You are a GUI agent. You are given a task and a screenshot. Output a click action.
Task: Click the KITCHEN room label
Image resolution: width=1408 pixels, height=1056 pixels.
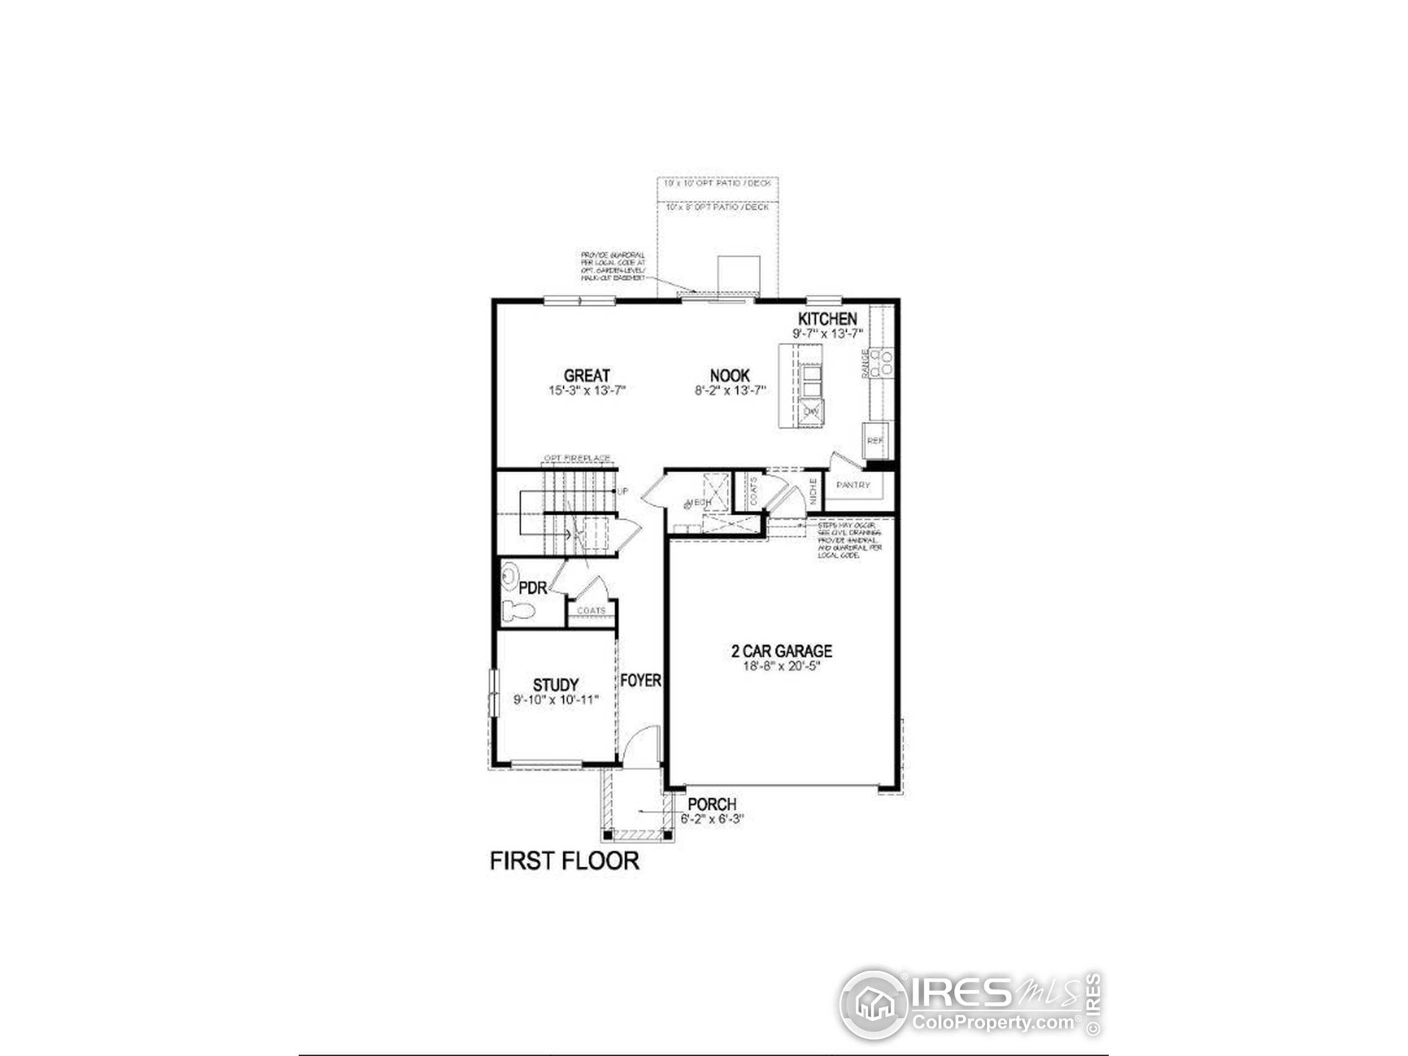[828, 319]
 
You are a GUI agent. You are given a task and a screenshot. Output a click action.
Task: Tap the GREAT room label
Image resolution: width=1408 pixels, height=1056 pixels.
[587, 376]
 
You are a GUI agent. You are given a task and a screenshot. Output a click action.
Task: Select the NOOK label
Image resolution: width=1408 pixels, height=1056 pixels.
[730, 376]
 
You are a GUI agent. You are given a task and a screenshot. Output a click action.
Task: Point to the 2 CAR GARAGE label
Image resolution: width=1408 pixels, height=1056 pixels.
[782, 651]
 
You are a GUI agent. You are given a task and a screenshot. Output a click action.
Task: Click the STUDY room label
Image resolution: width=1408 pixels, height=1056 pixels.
[555, 685]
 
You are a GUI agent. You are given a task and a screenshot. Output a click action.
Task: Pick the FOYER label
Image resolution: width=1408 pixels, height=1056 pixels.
[640, 680]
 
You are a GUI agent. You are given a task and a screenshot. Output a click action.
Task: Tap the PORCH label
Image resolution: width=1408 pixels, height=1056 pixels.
[712, 805]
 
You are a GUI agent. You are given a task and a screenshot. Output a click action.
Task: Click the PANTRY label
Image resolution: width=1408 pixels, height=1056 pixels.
[853, 485]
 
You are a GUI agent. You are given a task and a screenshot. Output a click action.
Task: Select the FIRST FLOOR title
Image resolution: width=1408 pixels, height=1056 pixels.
[564, 861]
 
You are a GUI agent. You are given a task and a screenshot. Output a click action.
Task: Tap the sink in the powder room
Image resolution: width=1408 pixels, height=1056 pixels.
[509, 577]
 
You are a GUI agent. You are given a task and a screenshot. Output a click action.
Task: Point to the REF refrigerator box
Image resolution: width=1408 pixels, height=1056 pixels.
[876, 440]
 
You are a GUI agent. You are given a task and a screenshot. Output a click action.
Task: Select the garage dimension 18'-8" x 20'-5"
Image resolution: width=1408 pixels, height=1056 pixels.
[782, 667]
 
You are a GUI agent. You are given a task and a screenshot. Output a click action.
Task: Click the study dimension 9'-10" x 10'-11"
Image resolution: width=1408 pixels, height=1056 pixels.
[555, 700]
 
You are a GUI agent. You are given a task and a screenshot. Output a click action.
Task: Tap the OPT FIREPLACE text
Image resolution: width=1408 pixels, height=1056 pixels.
[577, 458]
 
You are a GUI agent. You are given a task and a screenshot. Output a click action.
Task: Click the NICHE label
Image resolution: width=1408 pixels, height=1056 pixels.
[813, 491]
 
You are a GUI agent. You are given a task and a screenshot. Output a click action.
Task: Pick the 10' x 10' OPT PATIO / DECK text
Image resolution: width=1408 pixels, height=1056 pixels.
[717, 183]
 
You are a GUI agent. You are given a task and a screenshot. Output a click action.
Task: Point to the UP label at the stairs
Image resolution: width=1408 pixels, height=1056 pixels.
[622, 491]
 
